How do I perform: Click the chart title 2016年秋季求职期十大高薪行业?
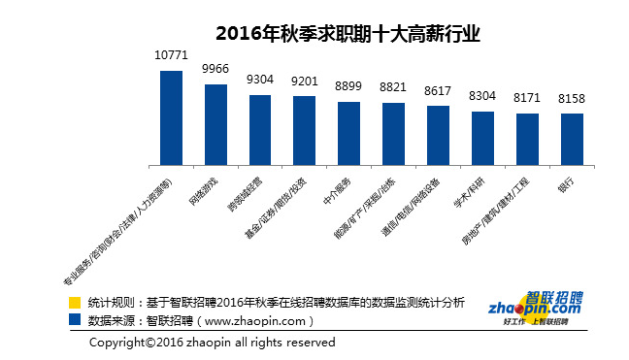[348, 33]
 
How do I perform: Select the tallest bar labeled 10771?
[171, 117]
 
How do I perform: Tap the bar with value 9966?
[215, 124]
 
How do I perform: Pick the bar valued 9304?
[260, 129]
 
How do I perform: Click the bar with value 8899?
[348, 133]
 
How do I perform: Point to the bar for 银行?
[572, 139]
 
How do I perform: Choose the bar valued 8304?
[482, 138]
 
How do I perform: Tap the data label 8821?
[393, 86]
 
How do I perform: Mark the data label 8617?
[438, 88]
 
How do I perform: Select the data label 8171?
[527, 98]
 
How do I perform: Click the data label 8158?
[572, 98]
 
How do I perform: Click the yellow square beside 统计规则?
[75, 303]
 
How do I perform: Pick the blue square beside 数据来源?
[75, 318]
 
